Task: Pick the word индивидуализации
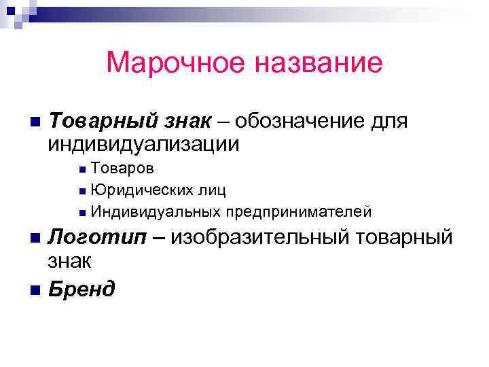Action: point(143,144)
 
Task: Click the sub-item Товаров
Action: point(122,168)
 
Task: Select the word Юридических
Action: point(138,190)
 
